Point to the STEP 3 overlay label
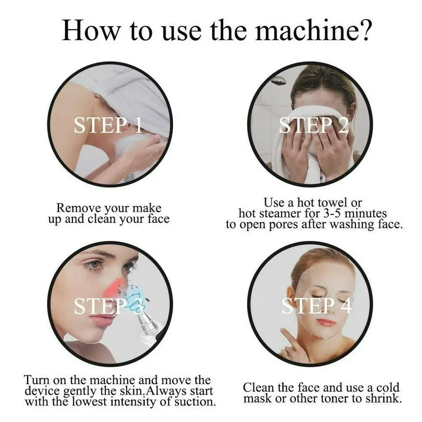tap(108, 306)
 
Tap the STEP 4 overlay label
tap(317, 306)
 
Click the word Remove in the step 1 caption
tap(77, 208)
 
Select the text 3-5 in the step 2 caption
tap(328, 213)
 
